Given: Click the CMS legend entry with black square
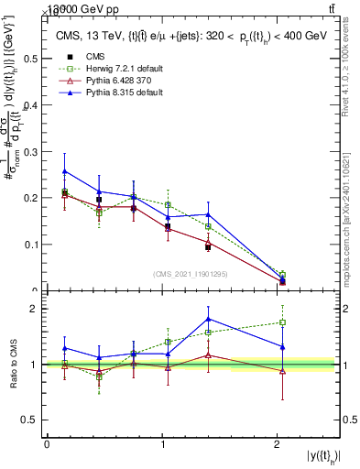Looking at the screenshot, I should click(92, 55).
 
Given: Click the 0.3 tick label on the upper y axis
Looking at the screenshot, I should click(30, 150).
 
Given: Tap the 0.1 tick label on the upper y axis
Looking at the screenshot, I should click(30, 245).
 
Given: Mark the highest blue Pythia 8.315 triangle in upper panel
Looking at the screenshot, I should click(64, 171).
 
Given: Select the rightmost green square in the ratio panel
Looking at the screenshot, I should click(282, 322).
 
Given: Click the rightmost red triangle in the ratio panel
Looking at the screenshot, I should click(282, 371).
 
